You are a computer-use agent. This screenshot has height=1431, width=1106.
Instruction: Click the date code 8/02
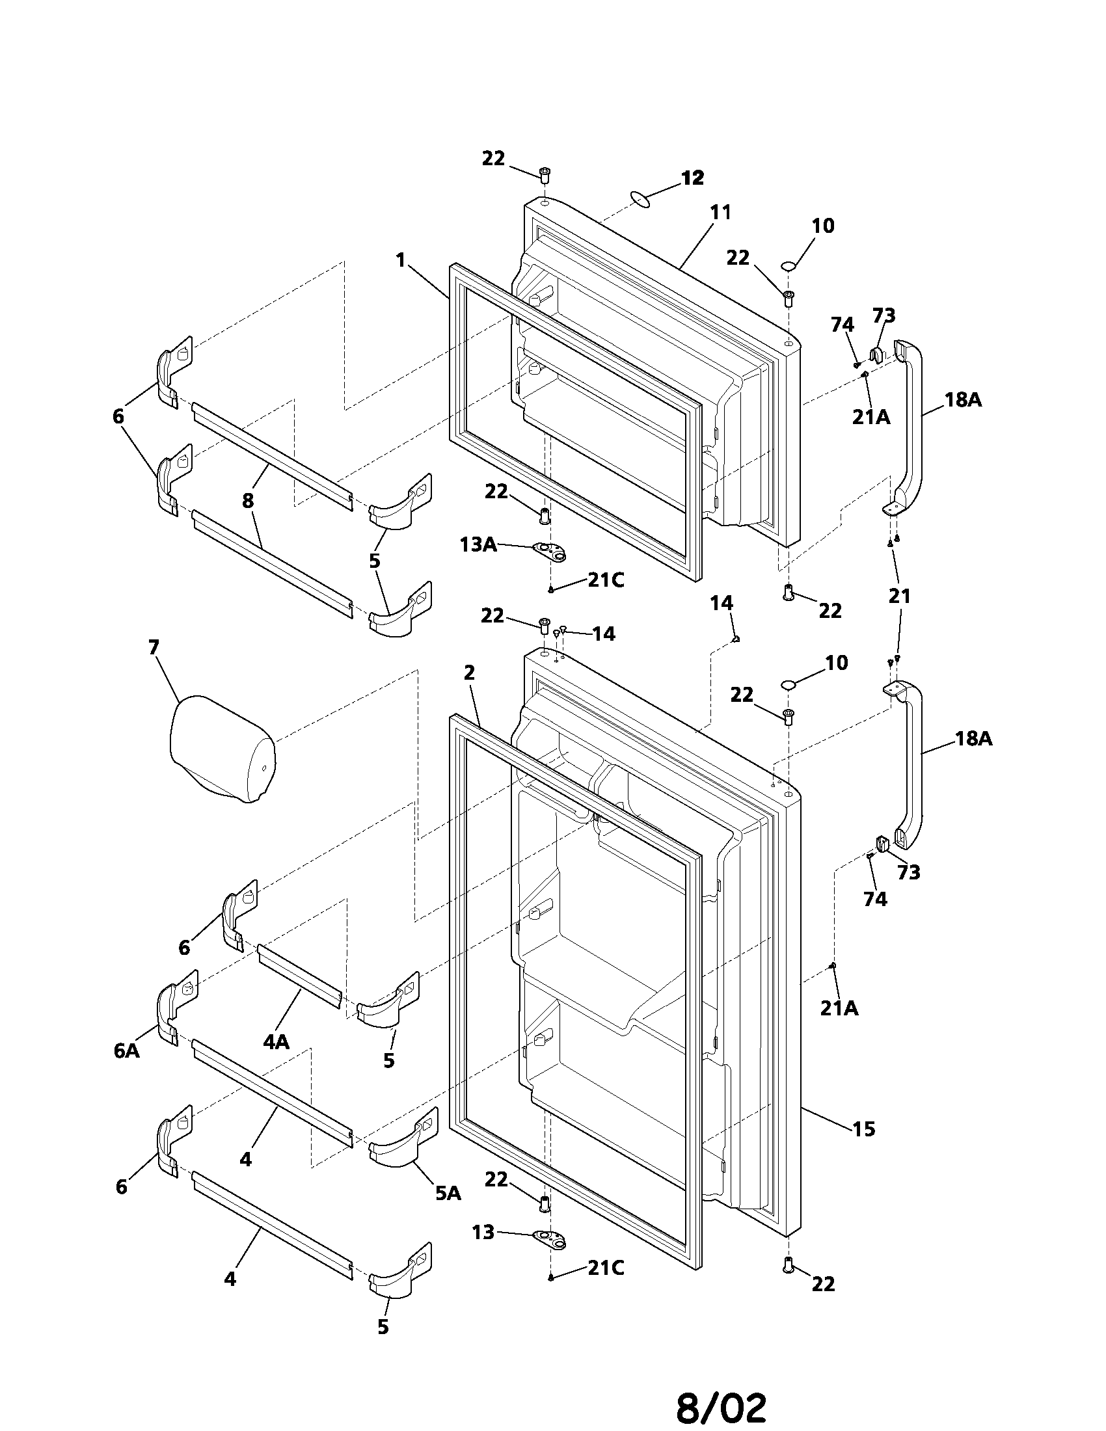[x=721, y=1402]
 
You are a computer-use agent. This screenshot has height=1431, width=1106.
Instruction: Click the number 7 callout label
[x=154, y=647]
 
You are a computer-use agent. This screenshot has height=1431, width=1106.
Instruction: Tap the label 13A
[x=478, y=544]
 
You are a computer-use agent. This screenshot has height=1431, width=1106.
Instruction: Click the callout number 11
[x=720, y=212]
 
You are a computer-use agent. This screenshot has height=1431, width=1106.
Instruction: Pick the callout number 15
[x=863, y=1129]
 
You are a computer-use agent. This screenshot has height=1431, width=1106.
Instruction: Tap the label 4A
[x=276, y=1042]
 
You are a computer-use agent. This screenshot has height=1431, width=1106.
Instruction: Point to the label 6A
[x=126, y=1050]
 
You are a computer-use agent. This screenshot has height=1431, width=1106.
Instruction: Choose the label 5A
[x=448, y=1193]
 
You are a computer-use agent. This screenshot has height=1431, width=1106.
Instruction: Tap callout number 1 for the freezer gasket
[x=400, y=260]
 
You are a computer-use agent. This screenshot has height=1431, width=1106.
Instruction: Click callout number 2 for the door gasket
[x=468, y=672]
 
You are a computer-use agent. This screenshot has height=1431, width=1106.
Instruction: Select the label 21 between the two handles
[x=900, y=596]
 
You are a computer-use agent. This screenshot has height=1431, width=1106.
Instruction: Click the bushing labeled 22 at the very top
[x=544, y=174]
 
